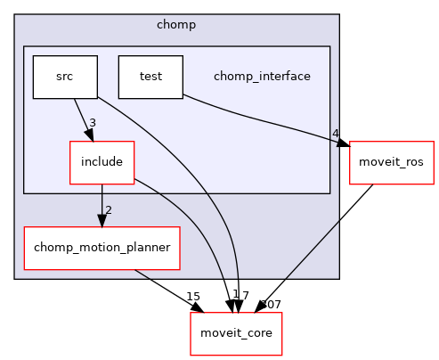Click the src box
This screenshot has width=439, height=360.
(65, 77)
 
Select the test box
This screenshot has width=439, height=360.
(150, 77)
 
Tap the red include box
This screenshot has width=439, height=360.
(102, 162)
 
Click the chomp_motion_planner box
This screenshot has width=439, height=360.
(102, 248)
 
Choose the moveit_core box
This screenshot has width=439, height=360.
(236, 333)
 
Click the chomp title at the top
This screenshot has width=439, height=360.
(176, 24)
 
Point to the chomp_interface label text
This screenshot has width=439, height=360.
(262, 77)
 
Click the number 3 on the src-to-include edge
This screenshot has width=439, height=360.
(92, 122)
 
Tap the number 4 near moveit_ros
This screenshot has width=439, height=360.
(336, 135)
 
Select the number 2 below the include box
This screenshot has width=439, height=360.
(109, 210)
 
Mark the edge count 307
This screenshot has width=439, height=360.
(270, 305)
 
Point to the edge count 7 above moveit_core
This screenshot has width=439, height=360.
(245, 296)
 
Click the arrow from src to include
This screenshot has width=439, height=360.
(82, 118)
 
